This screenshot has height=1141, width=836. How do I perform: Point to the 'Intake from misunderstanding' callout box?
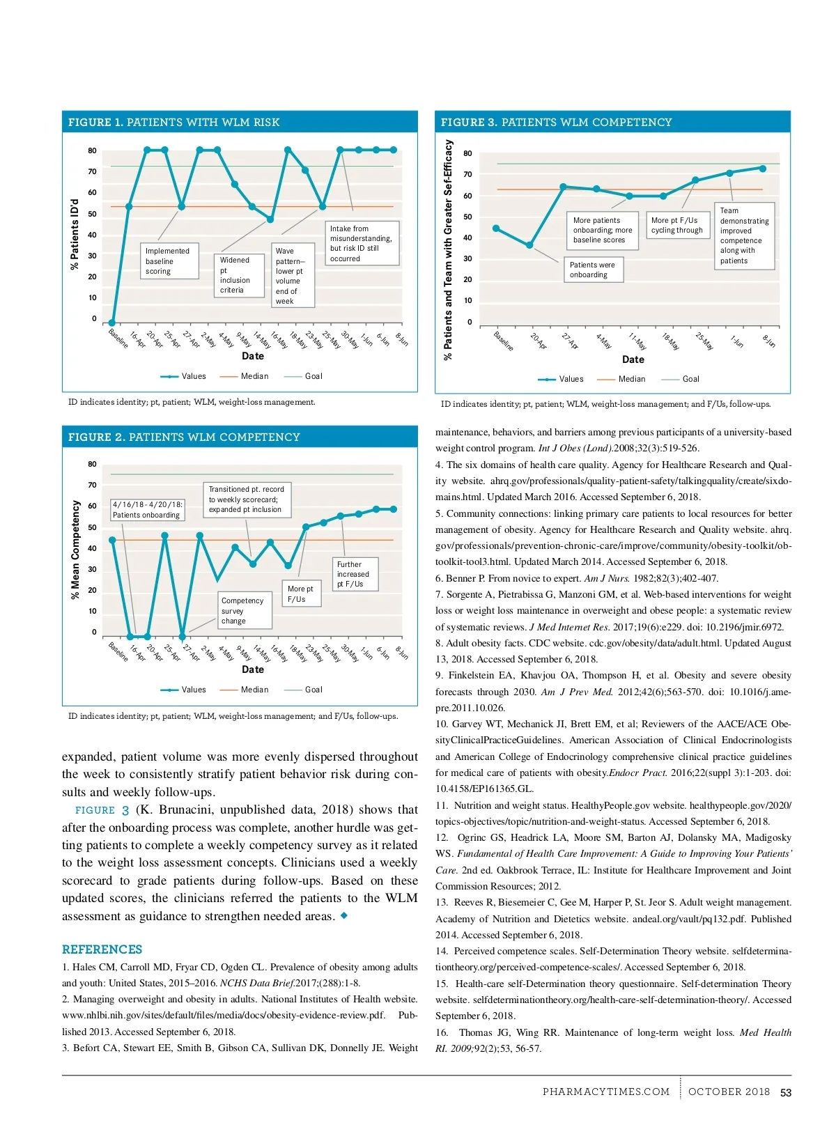tap(363, 243)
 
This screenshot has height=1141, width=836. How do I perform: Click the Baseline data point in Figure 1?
tap(112, 323)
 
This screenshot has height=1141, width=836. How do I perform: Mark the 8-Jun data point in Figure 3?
tap(763, 169)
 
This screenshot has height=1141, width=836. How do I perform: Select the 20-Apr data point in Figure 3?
tap(530, 245)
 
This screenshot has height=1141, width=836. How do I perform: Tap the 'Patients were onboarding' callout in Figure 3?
tap(593, 270)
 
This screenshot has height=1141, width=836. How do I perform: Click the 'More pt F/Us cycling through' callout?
tap(677, 225)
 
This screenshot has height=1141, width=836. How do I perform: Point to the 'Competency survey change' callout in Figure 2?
tap(242, 611)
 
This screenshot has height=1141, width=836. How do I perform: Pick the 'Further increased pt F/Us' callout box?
tap(355, 574)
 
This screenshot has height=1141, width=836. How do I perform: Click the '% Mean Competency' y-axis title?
tap(75, 550)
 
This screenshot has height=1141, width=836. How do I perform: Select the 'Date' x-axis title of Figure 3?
tap(633, 359)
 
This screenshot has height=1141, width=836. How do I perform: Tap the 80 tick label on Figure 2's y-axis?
tap(93, 464)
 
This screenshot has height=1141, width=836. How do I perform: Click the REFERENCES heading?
tap(102, 949)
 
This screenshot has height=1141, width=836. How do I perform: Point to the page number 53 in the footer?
tap(786, 1092)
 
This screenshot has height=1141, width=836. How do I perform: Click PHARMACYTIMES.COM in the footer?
tap(606, 1092)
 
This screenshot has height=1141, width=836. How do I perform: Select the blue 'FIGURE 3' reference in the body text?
tap(102, 810)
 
